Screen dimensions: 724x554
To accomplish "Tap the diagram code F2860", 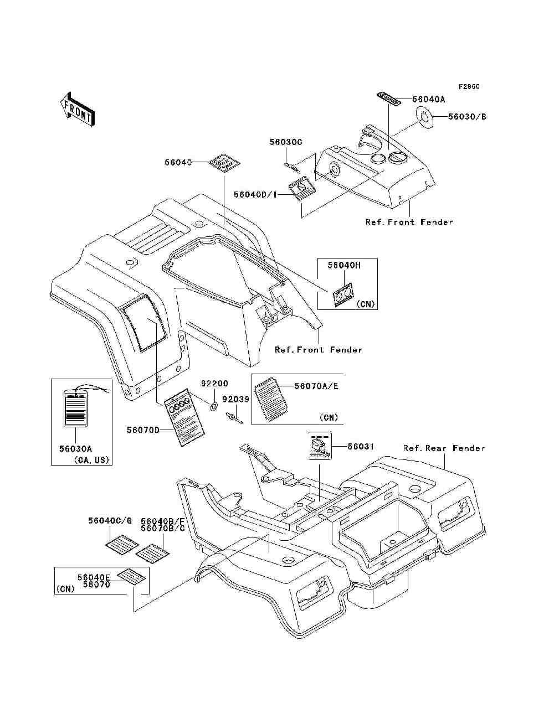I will pyautogui.click(x=469, y=87).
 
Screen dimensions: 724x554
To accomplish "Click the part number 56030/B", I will pyautogui.click(x=467, y=117).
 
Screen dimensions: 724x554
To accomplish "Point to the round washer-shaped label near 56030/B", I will pyautogui.click(x=424, y=117).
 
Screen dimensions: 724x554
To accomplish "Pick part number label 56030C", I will pyautogui.click(x=286, y=142).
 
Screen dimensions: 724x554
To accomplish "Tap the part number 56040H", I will pyautogui.click(x=343, y=265).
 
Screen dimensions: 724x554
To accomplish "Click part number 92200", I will pyautogui.click(x=214, y=384).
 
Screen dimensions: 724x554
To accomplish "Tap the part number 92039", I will pyautogui.click(x=236, y=399).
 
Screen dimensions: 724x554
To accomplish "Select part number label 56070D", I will pyautogui.click(x=143, y=430).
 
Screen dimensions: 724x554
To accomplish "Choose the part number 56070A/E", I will pyautogui.click(x=316, y=386).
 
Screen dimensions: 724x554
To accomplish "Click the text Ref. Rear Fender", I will pyautogui.click(x=444, y=448).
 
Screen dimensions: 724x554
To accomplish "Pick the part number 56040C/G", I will pyautogui.click(x=110, y=521).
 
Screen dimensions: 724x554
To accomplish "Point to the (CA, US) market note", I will pyautogui.click(x=91, y=460).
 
